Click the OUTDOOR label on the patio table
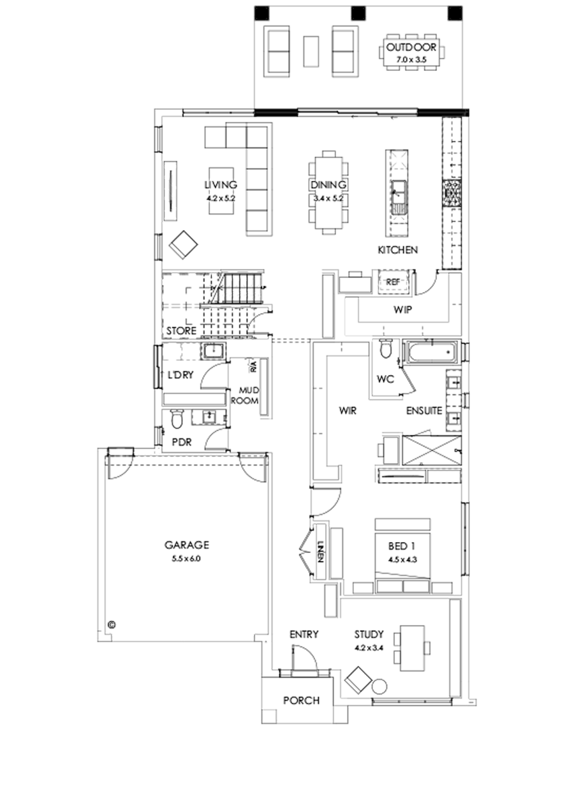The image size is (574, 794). (411, 48)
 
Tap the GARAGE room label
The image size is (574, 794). (187, 545)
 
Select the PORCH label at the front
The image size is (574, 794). (301, 700)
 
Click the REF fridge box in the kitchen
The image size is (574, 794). (392, 281)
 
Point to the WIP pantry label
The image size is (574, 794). (402, 310)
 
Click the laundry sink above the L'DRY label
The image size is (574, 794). (212, 351)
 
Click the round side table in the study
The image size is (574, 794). (379, 687)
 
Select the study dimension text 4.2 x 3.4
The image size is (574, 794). (370, 647)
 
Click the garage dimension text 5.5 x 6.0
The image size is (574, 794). (187, 558)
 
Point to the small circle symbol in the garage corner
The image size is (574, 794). (112, 624)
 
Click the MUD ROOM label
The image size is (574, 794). (248, 395)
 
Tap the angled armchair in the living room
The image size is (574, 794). (184, 245)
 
